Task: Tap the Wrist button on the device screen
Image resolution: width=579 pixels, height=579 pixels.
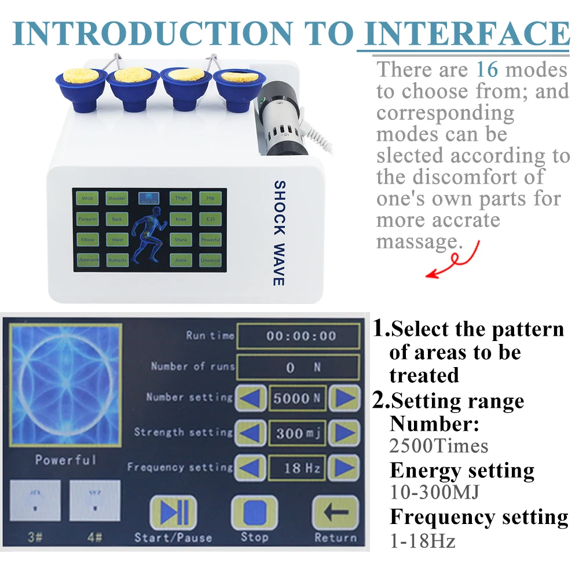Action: point(87,199)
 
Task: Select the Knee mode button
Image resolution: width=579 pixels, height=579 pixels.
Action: point(181,219)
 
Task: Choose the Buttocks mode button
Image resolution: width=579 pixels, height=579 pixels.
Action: point(118,261)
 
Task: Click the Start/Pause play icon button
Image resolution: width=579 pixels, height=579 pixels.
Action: point(173,512)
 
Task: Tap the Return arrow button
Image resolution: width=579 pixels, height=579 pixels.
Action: point(335,512)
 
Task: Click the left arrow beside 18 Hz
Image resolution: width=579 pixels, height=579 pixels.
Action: point(252,467)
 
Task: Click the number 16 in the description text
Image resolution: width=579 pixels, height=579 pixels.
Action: point(486,70)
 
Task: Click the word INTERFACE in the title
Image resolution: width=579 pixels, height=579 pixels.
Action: point(466,33)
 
